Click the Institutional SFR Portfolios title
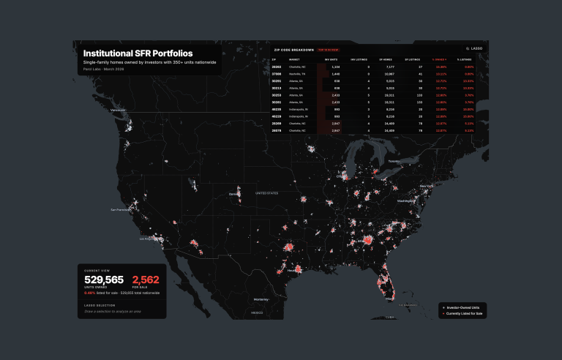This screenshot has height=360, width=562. click(138, 53)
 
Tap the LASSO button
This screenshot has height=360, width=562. click(476, 49)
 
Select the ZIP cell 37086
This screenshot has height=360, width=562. click(277, 74)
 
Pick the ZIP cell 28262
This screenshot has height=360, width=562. click(277, 67)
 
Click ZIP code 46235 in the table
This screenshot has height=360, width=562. click(277, 109)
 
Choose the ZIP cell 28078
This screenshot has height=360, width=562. click(277, 130)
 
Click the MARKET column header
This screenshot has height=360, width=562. click(294, 59)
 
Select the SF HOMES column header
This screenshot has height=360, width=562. click(386, 59)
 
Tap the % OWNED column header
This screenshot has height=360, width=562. click(439, 59)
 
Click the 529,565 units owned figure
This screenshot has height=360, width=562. click(104, 280)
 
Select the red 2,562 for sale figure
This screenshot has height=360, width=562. click(145, 280)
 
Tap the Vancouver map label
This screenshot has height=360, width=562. click(118, 110)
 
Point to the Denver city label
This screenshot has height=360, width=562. click(234, 194)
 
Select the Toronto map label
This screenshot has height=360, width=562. click(394, 161)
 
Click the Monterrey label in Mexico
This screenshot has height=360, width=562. click(261, 299)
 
